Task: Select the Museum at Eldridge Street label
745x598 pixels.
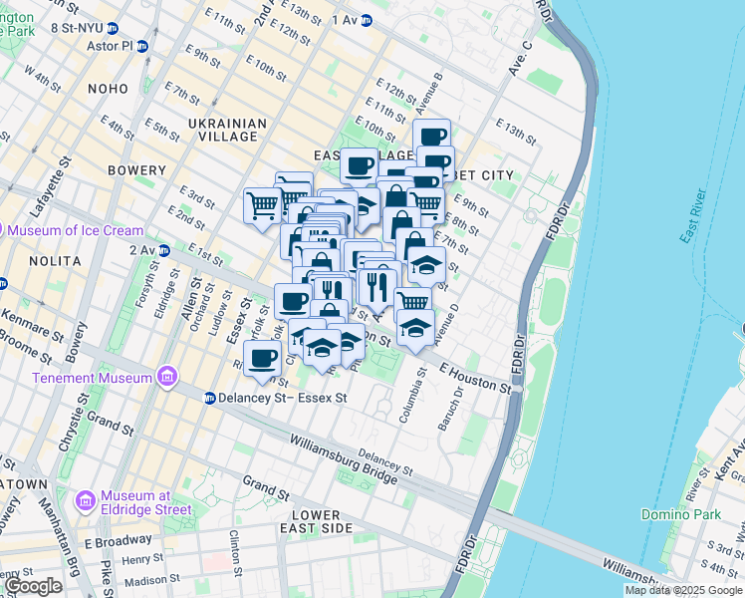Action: click(x=132, y=502)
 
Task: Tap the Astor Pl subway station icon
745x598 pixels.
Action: click(x=141, y=46)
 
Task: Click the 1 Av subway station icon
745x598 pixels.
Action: click(x=366, y=19)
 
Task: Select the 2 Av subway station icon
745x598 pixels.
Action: click(x=163, y=249)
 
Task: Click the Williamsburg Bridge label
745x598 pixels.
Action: click(x=344, y=457)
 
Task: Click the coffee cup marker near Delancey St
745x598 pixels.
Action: click(x=262, y=359)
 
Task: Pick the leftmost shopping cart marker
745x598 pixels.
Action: click(x=262, y=205)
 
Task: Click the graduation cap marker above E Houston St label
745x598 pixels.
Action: click(x=415, y=326)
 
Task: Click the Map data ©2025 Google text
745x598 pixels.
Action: click(x=683, y=590)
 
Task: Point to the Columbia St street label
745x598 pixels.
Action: click(x=406, y=396)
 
